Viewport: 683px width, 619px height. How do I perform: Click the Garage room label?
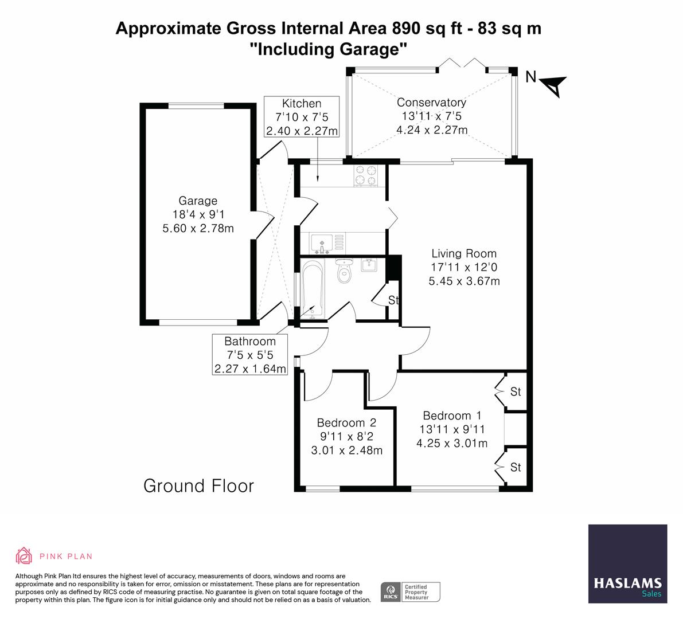[198, 201]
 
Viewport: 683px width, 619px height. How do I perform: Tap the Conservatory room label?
[431, 103]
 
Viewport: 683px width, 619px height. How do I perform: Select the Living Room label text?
[463, 253]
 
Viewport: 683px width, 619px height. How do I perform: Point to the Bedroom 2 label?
[346, 423]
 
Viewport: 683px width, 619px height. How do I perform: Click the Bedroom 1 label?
[452, 416]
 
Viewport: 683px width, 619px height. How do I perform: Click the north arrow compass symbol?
[553, 85]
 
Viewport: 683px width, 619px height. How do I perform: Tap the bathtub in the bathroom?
[312, 289]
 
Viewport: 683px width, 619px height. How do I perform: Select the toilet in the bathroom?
[344, 271]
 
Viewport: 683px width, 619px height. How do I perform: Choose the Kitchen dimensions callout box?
[302, 117]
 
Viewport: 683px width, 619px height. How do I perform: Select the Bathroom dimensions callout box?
[249, 355]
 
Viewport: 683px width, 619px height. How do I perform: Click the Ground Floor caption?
[198, 486]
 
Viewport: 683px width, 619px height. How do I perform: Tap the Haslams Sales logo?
[628, 563]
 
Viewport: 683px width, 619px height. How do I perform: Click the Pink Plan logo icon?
[24, 556]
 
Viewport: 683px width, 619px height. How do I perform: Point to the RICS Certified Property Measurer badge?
[411, 591]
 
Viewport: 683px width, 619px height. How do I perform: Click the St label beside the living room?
[393, 300]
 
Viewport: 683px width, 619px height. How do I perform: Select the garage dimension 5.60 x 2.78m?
[198, 229]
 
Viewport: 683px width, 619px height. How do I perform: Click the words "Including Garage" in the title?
[329, 49]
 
